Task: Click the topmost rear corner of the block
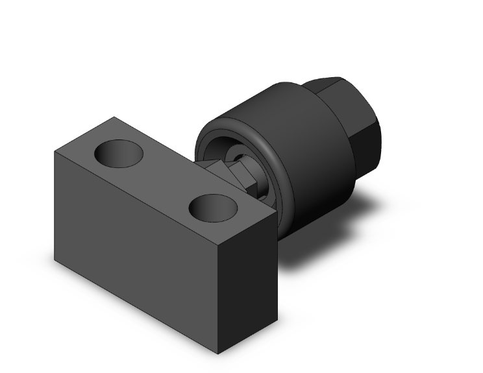115,117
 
